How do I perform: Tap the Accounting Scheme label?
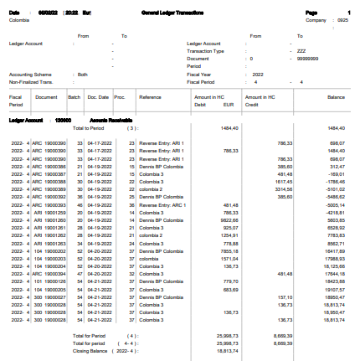click(30, 74)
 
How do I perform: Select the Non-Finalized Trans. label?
click(31, 81)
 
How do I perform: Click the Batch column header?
click(74, 98)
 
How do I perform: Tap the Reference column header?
click(150, 98)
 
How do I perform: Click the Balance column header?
click(336, 98)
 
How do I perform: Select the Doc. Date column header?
click(98, 98)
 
